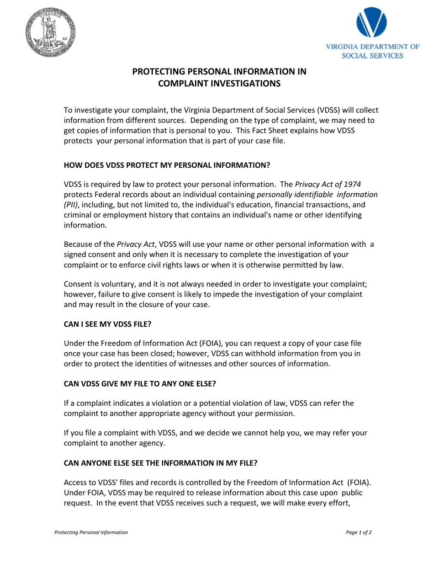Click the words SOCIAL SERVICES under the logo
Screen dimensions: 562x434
(x=373, y=56)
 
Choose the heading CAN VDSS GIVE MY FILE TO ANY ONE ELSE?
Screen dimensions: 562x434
(x=139, y=384)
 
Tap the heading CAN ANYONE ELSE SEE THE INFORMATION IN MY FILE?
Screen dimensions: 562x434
(x=160, y=462)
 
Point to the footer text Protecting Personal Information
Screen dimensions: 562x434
(x=91, y=532)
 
